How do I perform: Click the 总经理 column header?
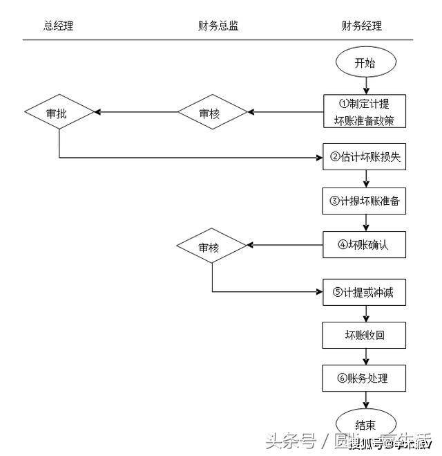(58, 26)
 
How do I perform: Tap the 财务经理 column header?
(361, 26)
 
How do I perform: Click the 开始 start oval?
(365, 63)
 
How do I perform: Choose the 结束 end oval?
(365, 424)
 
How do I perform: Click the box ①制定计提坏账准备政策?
(365, 112)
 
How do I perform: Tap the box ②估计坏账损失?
(365, 158)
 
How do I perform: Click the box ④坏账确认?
(365, 245)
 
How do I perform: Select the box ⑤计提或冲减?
(365, 292)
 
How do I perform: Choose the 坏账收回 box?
(365, 336)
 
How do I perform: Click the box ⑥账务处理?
(365, 379)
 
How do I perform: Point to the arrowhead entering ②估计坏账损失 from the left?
(319, 158)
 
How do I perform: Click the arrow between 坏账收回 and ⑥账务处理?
(365, 357)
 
